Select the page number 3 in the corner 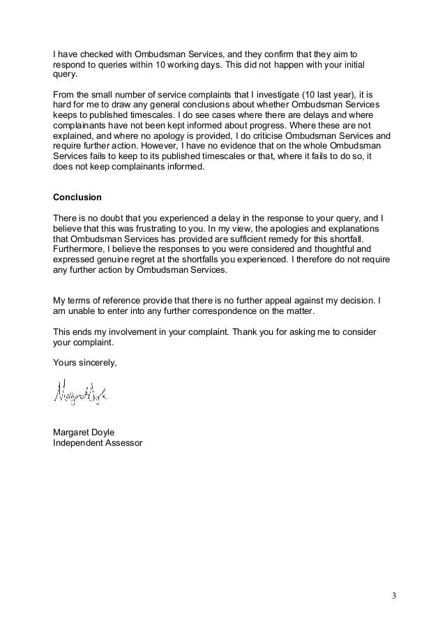coord(393,595)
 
